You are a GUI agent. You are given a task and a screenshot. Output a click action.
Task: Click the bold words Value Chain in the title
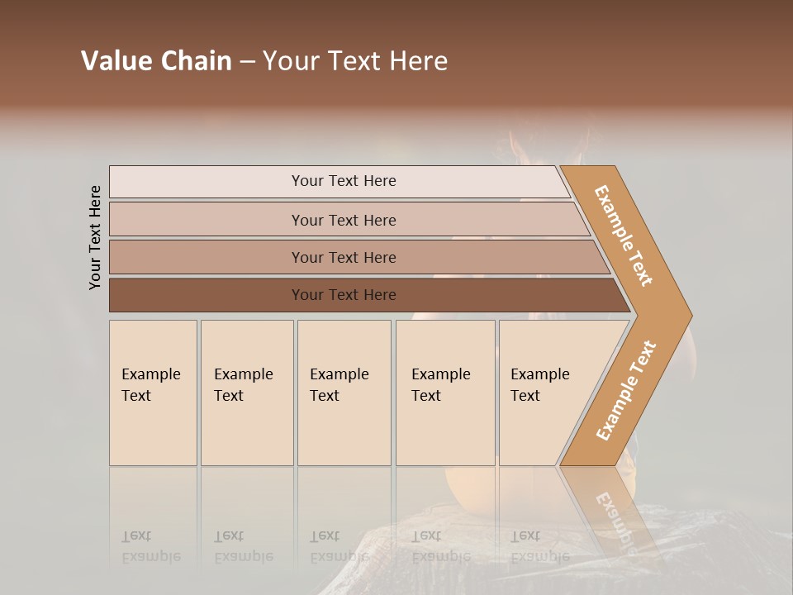[156, 61]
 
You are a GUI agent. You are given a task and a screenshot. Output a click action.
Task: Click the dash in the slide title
[247, 61]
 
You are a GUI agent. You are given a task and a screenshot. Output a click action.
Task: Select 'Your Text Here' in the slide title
[355, 61]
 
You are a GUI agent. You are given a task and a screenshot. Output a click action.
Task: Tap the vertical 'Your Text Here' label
[95, 237]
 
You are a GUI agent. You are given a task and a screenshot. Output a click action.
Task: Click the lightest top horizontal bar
[343, 181]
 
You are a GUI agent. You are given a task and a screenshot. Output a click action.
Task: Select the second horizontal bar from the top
[343, 220]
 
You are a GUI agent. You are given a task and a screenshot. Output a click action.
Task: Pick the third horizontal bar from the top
[343, 257]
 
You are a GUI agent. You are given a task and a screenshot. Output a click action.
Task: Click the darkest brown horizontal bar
[343, 295]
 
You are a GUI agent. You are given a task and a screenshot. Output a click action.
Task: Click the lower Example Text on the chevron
[626, 391]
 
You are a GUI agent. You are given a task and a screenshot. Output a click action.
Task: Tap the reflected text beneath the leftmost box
[150, 546]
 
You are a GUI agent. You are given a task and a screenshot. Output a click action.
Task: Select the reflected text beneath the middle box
[339, 546]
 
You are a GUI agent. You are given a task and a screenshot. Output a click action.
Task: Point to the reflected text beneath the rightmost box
[539, 546]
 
